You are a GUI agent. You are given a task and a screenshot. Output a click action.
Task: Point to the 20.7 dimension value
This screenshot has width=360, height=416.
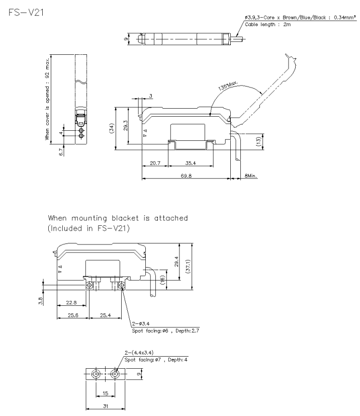coord(155,163)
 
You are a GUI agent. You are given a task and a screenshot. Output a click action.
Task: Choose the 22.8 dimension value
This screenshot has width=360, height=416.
coord(70,302)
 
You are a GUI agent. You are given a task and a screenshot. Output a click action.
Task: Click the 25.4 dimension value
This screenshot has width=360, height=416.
coord(106,315)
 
